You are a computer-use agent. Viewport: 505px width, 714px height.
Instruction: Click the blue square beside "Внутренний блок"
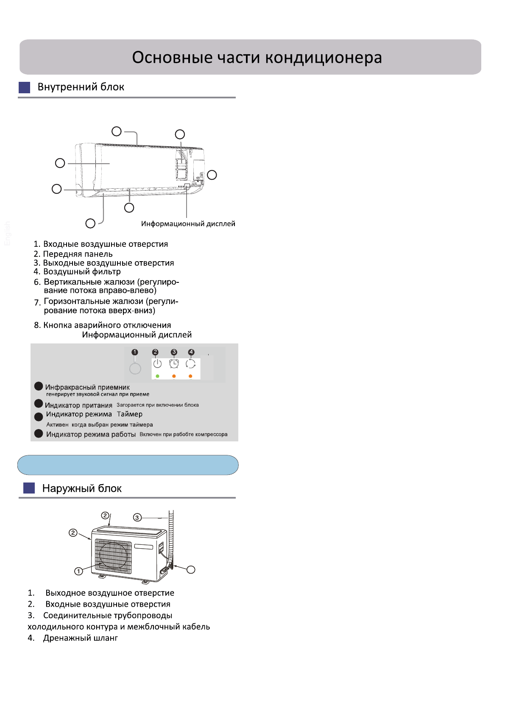[25, 87]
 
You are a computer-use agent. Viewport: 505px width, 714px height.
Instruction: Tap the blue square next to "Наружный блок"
[29, 488]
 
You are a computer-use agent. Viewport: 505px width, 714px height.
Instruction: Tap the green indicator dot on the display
[157, 376]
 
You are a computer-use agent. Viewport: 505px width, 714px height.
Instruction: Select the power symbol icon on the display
[157, 364]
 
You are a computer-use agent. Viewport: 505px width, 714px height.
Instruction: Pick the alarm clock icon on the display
[174, 364]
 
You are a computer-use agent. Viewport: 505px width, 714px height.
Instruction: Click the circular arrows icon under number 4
[191, 364]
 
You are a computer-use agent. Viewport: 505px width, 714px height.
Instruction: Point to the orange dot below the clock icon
[174, 376]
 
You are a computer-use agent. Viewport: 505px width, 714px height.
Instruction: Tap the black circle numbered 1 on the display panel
[135, 352]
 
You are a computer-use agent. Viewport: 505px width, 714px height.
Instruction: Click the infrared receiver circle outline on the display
[135, 369]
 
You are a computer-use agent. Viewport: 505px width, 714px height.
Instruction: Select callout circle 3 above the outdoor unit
[137, 517]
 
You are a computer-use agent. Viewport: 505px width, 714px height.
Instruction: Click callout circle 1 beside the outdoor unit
[78, 571]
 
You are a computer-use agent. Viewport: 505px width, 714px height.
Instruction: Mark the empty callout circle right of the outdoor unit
[191, 569]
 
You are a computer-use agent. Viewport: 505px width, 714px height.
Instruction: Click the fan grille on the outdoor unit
[113, 555]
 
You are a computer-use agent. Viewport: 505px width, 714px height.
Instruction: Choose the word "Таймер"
[130, 414]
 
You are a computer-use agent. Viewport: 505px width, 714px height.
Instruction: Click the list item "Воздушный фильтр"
[82, 272]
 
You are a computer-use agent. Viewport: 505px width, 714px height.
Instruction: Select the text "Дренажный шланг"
[80, 638]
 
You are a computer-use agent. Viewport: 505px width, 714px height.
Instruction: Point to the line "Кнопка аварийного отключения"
[107, 325]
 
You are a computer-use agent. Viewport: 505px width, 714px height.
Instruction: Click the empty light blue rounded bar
[128, 465]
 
